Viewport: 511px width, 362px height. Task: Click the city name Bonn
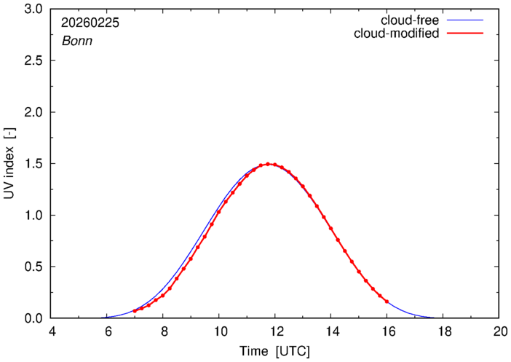tap(76, 41)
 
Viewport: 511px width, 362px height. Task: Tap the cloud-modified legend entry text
tap(396, 34)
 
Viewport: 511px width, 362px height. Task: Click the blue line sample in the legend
tap(466, 20)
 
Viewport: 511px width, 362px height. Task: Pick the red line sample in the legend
tap(466, 34)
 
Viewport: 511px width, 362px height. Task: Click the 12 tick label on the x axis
tap(274, 331)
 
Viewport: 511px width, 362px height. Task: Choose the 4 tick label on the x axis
tap(51, 331)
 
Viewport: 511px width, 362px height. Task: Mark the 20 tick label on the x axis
tap(499, 331)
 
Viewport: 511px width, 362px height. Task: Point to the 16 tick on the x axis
tap(387, 331)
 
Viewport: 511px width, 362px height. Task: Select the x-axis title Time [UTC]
tap(274, 351)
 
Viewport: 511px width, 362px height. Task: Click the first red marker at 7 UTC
tap(135, 311)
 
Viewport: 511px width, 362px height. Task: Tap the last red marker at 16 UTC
tap(387, 302)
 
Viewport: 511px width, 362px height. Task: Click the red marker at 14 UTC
tap(330, 229)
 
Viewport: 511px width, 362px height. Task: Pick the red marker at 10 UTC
tap(218, 212)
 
